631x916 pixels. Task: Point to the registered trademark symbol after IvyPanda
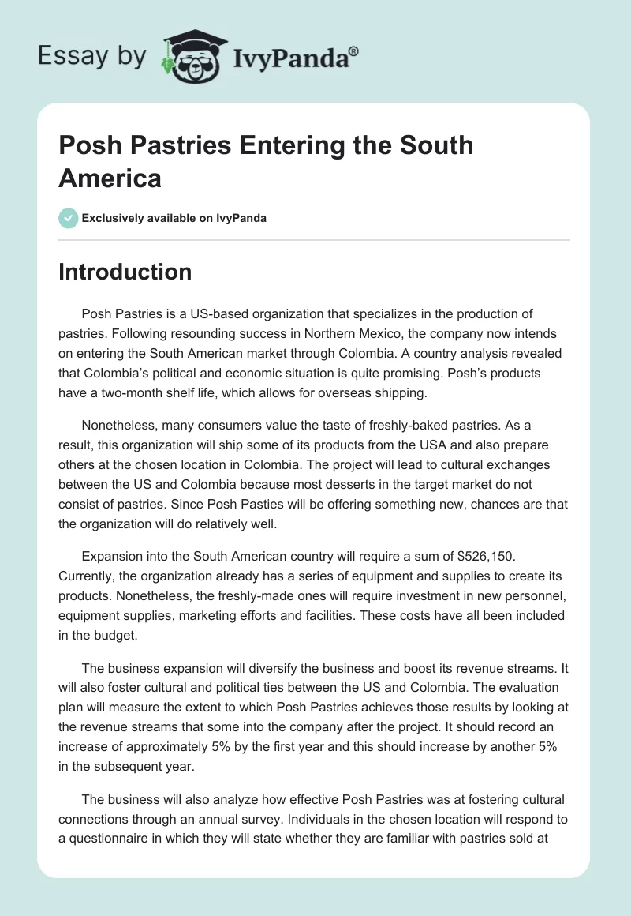click(354, 51)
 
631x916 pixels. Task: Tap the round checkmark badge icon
click(69, 218)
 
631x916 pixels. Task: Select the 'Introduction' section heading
click(125, 272)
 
